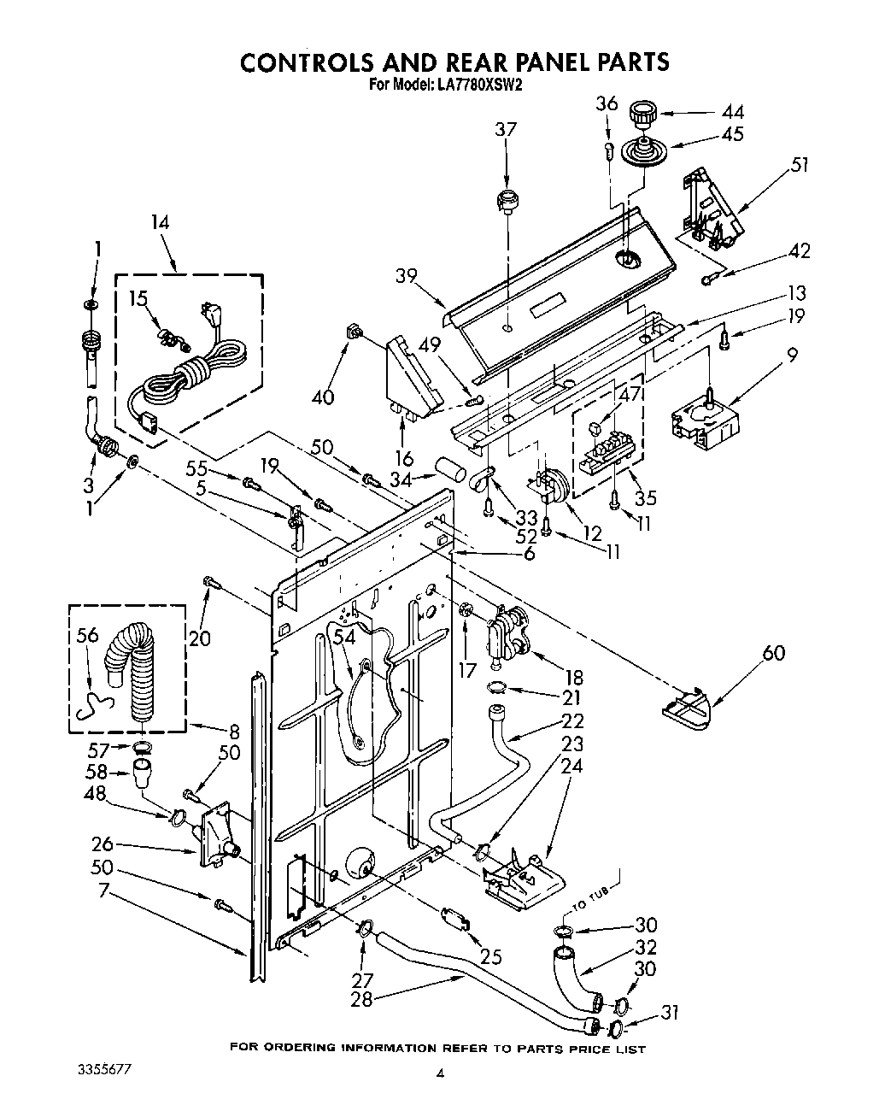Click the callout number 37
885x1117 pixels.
[506, 130]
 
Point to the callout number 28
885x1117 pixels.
[361, 998]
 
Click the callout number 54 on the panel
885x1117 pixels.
[343, 637]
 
